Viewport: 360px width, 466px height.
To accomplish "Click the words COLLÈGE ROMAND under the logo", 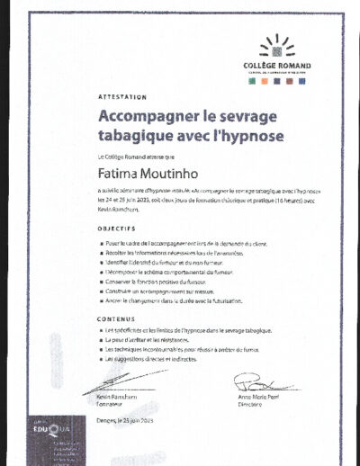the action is pyautogui.click(x=276, y=65).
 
